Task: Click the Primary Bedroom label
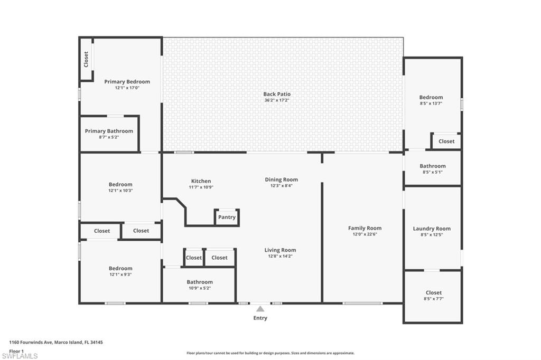(127, 82)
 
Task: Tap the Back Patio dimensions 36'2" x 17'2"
(277, 100)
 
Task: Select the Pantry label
(227, 217)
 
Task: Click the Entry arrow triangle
(260, 309)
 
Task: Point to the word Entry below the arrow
(260, 318)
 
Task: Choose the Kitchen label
(201, 181)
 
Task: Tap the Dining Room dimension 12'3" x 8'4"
(281, 186)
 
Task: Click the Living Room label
(280, 250)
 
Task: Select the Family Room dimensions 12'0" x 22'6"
(365, 234)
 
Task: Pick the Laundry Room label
(432, 229)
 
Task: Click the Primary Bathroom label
(109, 131)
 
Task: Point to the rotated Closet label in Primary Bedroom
(86, 59)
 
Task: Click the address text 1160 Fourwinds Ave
(31, 343)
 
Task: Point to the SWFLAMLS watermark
(20, 356)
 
